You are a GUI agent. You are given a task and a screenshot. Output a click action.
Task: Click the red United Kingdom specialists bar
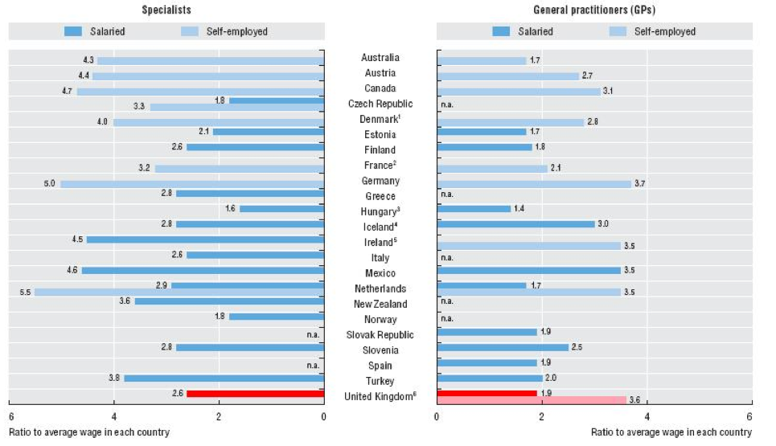pyautogui.click(x=255, y=393)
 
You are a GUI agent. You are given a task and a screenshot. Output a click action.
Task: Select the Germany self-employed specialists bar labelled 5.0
pyautogui.click(x=192, y=184)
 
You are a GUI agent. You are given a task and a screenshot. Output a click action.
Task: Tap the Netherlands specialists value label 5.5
pyautogui.click(x=25, y=293)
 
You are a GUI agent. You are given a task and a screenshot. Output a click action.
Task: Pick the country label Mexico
pyautogui.click(x=380, y=273)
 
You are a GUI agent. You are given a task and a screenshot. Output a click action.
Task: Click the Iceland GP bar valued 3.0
pyautogui.click(x=515, y=224)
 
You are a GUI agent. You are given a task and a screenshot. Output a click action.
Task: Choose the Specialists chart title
pyautogui.click(x=166, y=10)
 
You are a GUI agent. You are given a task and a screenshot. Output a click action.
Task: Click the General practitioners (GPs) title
pyautogui.click(x=593, y=10)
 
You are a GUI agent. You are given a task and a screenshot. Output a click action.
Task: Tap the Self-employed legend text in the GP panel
pyautogui.click(x=665, y=31)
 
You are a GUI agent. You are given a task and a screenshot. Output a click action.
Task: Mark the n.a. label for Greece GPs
pyautogui.click(x=448, y=194)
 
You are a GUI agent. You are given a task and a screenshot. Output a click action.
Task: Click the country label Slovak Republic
pyautogui.click(x=380, y=335)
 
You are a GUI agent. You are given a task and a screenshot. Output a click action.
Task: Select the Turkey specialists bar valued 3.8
pyautogui.click(x=224, y=378)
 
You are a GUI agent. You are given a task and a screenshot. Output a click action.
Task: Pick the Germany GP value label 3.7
pyautogui.click(x=640, y=184)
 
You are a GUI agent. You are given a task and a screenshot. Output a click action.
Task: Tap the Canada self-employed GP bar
pyautogui.click(x=519, y=91)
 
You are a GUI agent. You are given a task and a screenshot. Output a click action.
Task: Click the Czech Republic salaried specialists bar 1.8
pyautogui.click(x=277, y=100)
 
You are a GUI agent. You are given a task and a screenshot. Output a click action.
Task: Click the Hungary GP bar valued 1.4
pyautogui.click(x=474, y=209)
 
